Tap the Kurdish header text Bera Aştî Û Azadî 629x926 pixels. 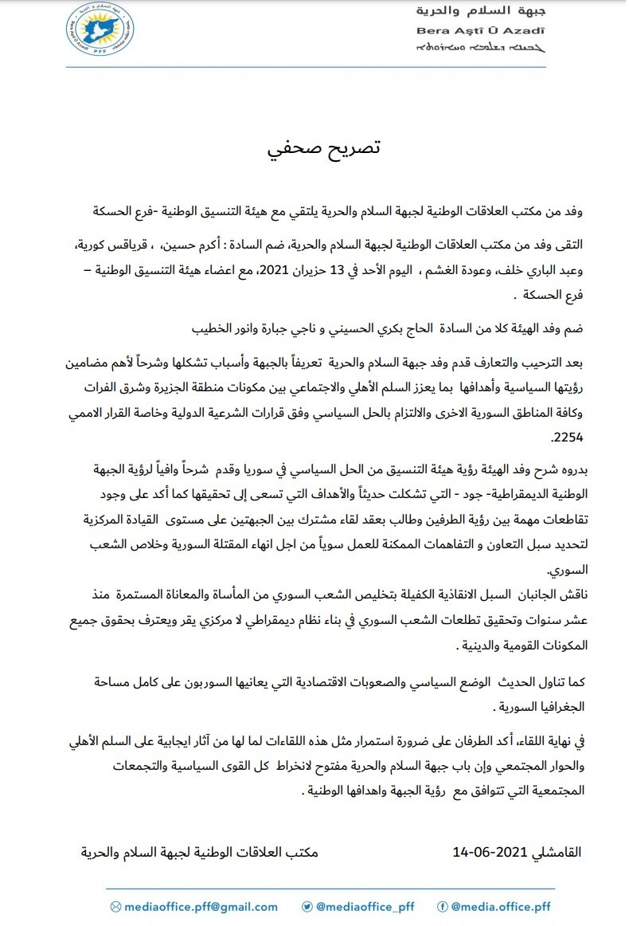(x=481, y=30)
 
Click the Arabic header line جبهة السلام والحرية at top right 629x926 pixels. (x=481, y=12)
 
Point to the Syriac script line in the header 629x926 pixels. (x=481, y=48)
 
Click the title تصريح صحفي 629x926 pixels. (x=323, y=148)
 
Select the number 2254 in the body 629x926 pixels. (x=567, y=438)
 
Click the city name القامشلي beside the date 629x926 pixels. (x=554, y=852)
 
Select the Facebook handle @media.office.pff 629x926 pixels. (x=500, y=906)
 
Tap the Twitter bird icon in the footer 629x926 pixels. (x=307, y=906)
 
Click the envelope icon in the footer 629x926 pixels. (x=115, y=906)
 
